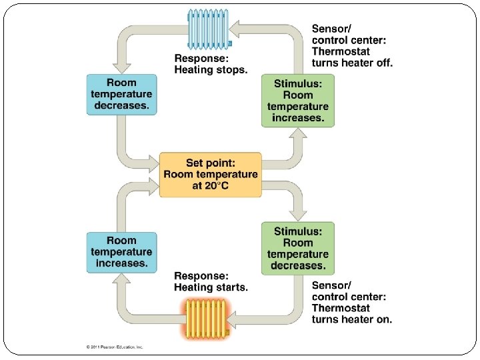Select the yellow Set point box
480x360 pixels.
click(x=211, y=175)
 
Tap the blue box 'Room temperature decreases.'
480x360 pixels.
click(x=121, y=95)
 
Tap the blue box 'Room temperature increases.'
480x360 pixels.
click(x=121, y=252)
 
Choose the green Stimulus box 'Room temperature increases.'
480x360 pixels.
click(x=297, y=101)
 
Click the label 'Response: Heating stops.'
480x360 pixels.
click(x=210, y=64)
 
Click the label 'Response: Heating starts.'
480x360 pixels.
click(x=210, y=282)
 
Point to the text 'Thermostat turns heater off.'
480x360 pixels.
click(x=352, y=57)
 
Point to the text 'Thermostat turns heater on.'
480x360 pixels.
click(x=352, y=313)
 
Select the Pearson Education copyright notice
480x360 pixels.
click(x=115, y=347)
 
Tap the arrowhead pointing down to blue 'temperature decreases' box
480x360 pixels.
click(x=121, y=66)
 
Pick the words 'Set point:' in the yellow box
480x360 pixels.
click(x=211, y=163)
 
